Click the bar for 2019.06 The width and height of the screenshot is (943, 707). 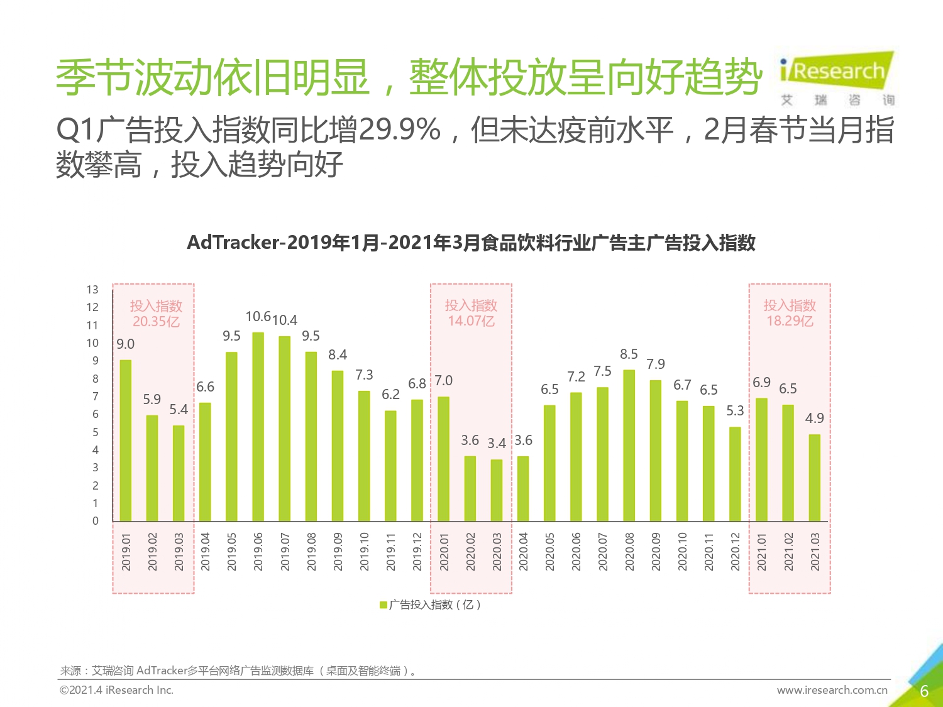point(258,427)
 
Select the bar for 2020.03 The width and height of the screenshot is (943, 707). point(497,490)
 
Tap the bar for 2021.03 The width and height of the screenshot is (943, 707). point(815,478)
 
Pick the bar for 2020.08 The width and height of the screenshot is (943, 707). point(629,446)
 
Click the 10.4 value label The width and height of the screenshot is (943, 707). point(285,321)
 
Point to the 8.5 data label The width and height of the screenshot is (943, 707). point(629,354)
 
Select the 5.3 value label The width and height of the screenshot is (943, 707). point(735,411)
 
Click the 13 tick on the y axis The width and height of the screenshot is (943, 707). point(92,290)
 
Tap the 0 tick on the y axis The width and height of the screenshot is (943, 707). point(96,521)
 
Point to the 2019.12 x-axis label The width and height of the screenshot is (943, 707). point(417,552)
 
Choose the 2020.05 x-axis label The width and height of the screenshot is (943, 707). point(550,552)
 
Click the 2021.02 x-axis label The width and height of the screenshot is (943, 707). point(789,552)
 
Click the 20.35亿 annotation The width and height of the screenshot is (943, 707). point(156,322)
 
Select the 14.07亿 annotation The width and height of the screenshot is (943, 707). point(471,321)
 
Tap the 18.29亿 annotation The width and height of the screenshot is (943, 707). point(790,321)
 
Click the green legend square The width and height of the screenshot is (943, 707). point(383,605)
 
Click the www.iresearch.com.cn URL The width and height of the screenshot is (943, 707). point(832,690)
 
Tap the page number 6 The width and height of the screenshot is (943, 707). point(924,691)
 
